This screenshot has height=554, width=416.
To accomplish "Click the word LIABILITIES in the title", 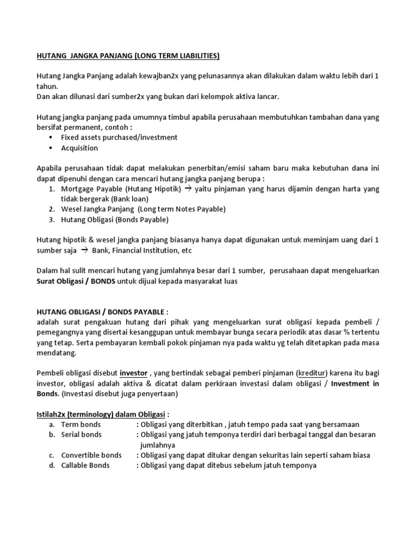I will click(193, 56).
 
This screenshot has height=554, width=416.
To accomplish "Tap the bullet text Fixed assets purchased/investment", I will click(119, 137).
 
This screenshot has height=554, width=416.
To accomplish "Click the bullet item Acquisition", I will click(79, 148).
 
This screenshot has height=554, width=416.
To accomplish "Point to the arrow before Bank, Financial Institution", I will click(84, 250).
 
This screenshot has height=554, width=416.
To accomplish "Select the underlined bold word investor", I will click(133, 373).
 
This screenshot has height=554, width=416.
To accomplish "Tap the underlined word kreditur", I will click(312, 373).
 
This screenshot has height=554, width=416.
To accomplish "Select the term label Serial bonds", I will click(81, 434).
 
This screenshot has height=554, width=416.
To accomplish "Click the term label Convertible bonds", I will click(91, 455).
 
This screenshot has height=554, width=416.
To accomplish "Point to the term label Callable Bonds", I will click(85, 465).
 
